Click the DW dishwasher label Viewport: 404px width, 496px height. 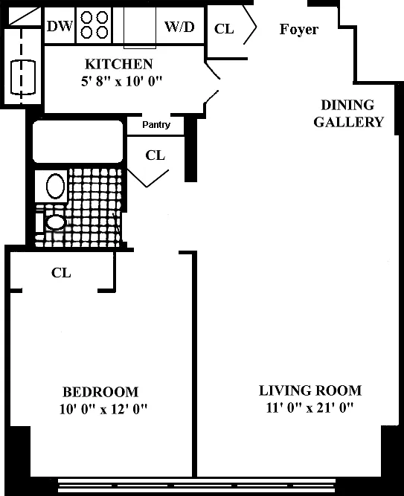(x=60, y=26)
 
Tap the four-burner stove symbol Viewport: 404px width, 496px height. (x=94, y=25)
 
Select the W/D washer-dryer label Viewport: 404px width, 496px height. (x=179, y=27)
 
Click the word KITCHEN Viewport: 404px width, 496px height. (x=119, y=64)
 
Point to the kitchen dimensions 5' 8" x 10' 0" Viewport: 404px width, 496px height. (x=121, y=81)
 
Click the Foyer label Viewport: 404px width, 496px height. (x=299, y=30)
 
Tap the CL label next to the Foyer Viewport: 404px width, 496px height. (x=224, y=29)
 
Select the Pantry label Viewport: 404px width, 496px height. (x=156, y=125)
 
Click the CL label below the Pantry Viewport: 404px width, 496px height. (x=155, y=155)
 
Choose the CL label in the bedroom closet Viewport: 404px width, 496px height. (x=61, y=273)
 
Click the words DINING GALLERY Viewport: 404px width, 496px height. (x=349, y=114)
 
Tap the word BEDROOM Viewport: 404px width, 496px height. (x=100, y=392)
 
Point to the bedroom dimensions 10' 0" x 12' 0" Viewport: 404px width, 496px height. (x=103, y=409)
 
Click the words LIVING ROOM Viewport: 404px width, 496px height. (x=310, y=390)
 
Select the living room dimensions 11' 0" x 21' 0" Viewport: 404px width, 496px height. (x=310, y=408)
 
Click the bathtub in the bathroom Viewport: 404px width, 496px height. (x=77, y=141)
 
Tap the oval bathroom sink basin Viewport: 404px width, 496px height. (x=55, y=186)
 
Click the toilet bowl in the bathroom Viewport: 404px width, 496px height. (x=56, y=222)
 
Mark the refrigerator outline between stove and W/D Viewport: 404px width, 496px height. (x=140, y=28)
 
